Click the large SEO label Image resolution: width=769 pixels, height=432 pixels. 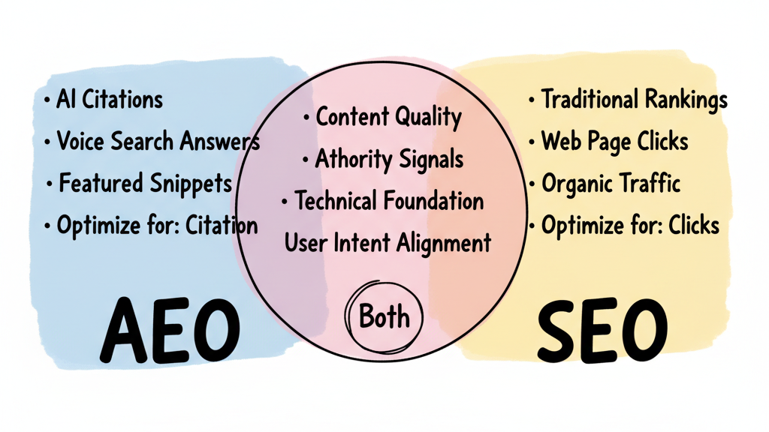[x=602, y=331]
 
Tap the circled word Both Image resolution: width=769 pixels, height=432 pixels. [x=385, y=317]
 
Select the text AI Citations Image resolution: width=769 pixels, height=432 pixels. [x=109, y=99]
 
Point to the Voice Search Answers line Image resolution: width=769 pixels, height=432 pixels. [x=158, y=141]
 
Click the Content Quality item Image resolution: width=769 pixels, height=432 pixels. [x=388, y=117]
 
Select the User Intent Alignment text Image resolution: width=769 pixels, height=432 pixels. [x=388, y=242]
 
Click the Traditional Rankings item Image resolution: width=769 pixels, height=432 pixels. [x=634, y=99]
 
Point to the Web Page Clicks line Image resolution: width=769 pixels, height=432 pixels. [x=614, y=140]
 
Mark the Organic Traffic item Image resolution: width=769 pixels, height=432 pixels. [x=611, y=182]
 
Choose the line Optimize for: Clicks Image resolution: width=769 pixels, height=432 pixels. [x=629, y=224]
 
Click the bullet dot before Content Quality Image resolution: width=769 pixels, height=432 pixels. [x=306, y=118]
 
